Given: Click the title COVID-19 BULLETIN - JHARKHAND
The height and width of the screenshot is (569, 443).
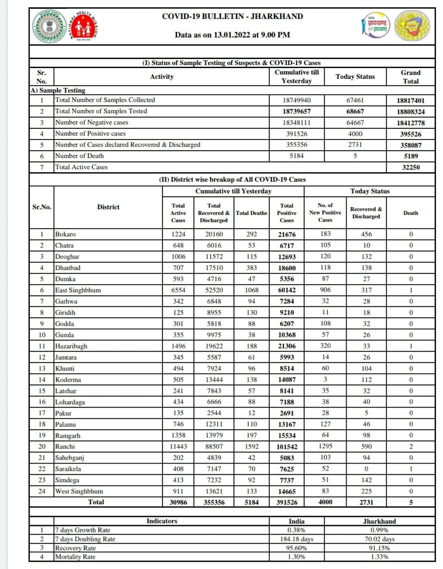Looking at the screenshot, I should (232, 16).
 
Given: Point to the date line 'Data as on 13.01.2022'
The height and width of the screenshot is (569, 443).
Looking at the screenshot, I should (232, 35).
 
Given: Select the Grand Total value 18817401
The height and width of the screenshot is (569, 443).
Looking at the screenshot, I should (410, 100).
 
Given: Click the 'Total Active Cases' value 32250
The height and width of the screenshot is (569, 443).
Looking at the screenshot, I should (410, 167).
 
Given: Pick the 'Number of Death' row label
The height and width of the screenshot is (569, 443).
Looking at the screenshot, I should (79, 156).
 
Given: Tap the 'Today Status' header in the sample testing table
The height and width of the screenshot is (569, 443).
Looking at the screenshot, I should (355, 77).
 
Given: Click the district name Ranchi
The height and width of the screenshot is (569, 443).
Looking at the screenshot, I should (65, 446).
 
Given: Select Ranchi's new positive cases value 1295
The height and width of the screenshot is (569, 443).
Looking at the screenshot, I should (325, 446).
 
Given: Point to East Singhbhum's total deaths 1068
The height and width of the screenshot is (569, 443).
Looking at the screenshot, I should (251, 290).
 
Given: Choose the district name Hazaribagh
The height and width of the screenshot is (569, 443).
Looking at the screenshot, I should (71, 346).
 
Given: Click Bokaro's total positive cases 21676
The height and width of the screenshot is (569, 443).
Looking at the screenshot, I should (286, 235).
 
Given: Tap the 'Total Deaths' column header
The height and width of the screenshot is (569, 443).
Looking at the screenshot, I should (251, 213).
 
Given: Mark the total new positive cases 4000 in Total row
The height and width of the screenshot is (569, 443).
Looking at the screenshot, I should (325, 502).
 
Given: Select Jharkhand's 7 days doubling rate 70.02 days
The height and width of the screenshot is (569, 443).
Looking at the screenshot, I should (379, 539).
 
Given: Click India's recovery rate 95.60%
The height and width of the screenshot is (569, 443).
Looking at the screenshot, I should (296, 548).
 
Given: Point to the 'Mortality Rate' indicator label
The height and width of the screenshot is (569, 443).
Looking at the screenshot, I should (75, 557).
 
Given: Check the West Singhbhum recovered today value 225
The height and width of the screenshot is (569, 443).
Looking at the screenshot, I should (366, 491).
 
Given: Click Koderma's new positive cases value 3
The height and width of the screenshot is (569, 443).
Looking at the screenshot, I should (325, 379).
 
